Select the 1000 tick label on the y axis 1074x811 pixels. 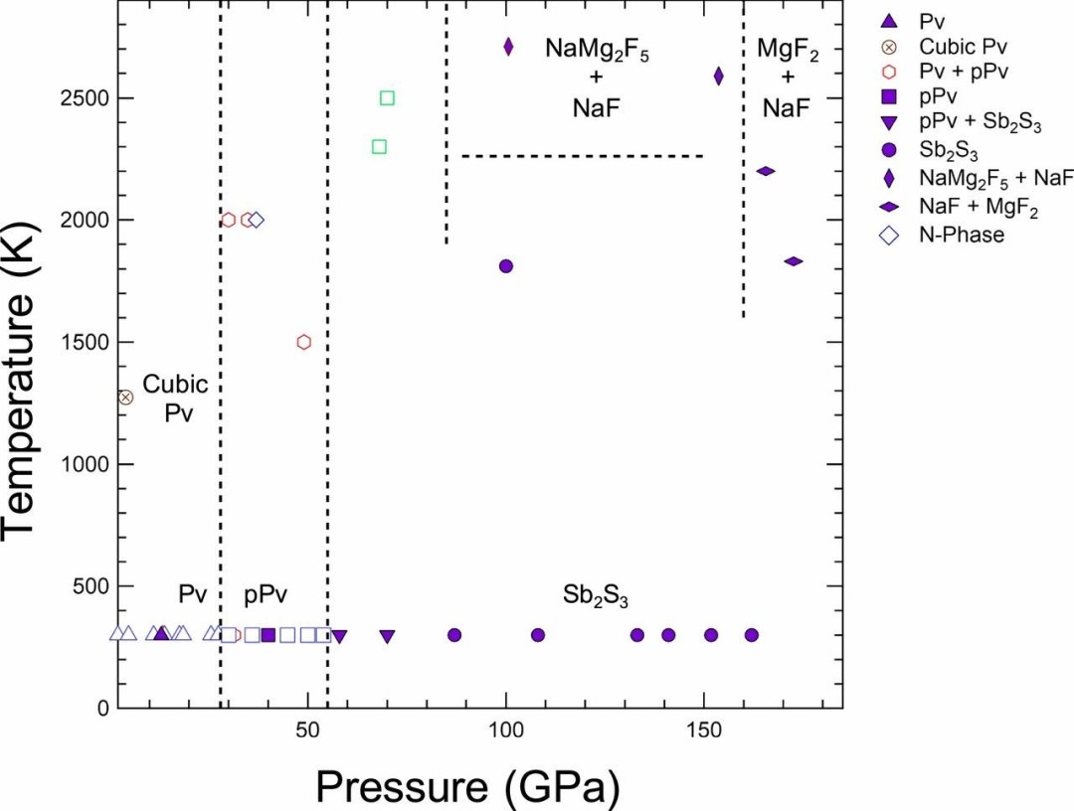point(87,464)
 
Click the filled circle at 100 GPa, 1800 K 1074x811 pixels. point(506,266)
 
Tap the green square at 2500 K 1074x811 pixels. point(388,98)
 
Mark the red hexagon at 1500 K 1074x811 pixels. point(304,342)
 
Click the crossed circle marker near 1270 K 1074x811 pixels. point(125,398)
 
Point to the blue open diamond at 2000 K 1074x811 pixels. point(257,220)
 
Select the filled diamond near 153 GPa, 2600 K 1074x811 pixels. point(719,77)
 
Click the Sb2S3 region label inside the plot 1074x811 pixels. point(596,596)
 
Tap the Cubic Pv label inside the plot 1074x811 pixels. point(176,398)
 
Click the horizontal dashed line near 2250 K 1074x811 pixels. point(582,156)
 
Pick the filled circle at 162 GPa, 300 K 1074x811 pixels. point(752,635)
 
